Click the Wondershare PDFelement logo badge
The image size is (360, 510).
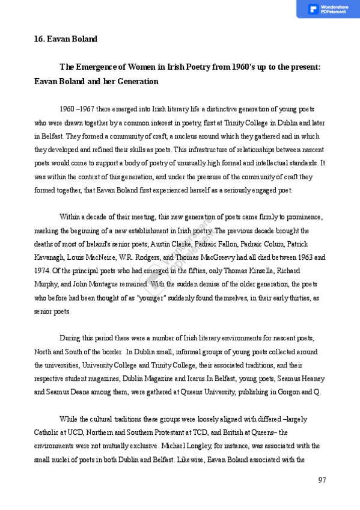328,9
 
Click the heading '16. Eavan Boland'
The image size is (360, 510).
66,39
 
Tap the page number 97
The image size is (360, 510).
322,479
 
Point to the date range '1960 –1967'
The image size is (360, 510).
76,109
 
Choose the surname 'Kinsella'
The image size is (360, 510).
263,271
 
